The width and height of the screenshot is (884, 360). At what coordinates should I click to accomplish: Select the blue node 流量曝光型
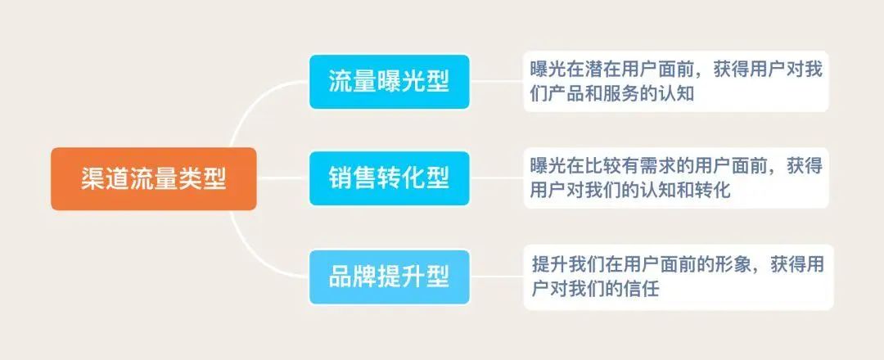coord(390,82)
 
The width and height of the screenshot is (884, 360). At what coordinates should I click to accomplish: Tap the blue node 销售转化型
coord(390,178)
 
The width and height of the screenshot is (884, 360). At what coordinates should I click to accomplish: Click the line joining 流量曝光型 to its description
coord(497,82)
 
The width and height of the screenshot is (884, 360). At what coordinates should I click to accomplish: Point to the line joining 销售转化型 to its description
coord(497,178)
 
